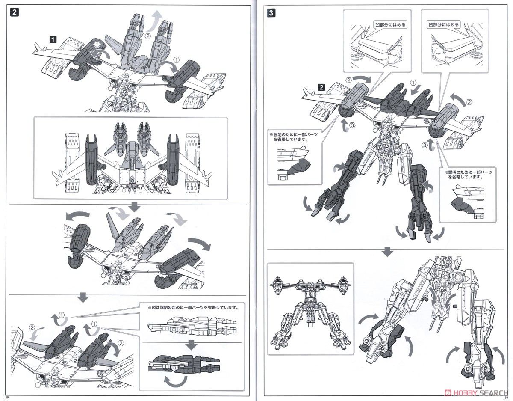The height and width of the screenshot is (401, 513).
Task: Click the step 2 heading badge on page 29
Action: [14, 12]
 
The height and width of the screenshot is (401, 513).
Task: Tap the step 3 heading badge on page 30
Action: [271, 12]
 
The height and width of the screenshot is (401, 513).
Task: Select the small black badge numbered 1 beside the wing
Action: [53, 39]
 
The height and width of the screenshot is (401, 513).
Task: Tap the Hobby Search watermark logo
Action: [472, 392]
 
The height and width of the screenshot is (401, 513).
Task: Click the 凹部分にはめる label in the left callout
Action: [390, 25]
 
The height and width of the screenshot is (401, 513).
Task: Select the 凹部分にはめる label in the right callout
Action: [443, 25]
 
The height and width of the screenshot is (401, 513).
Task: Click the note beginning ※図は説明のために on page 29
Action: [192, 308]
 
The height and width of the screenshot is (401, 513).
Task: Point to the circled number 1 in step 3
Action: [413, 83]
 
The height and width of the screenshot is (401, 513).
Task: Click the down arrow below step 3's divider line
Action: [388, 252]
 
